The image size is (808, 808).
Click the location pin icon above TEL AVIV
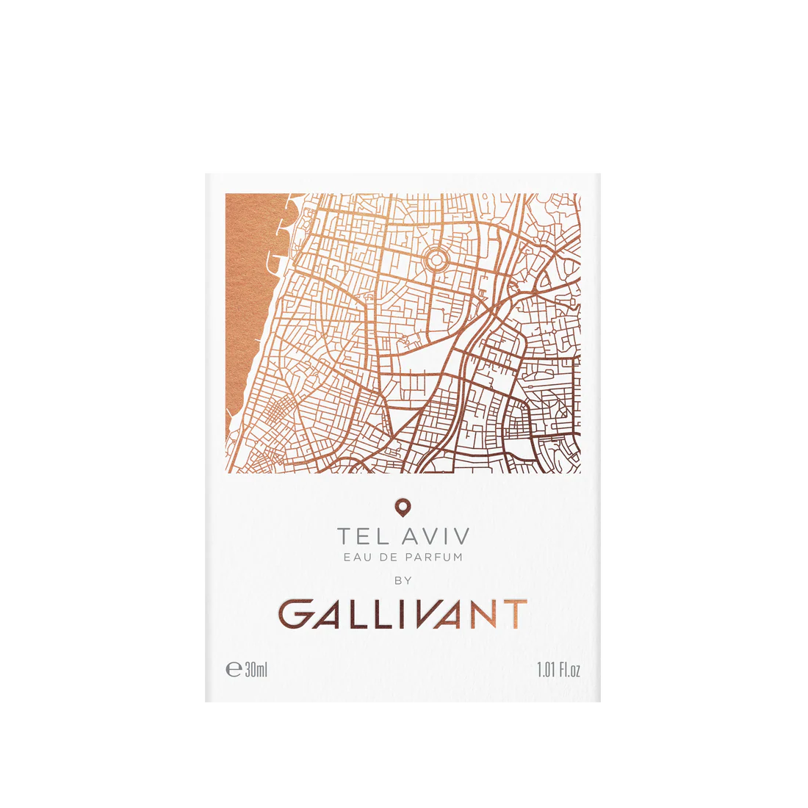[x=403, y=506]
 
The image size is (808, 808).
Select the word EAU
[x=356, y=557]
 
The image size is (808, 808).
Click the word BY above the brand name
[x=403, y=580]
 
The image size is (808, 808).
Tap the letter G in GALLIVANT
[x=297, y=614]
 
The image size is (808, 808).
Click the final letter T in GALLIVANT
[x=515, y=614]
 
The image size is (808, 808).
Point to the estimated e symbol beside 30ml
[x=234, y=670]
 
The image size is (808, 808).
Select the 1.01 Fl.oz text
[x=558, y=670]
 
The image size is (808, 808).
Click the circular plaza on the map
[x=435, y=259]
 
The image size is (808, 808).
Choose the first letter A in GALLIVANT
[x=331, y=614]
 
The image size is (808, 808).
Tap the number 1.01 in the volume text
[x=545, y=670]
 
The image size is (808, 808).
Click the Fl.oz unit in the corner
[x=570, y=670]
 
